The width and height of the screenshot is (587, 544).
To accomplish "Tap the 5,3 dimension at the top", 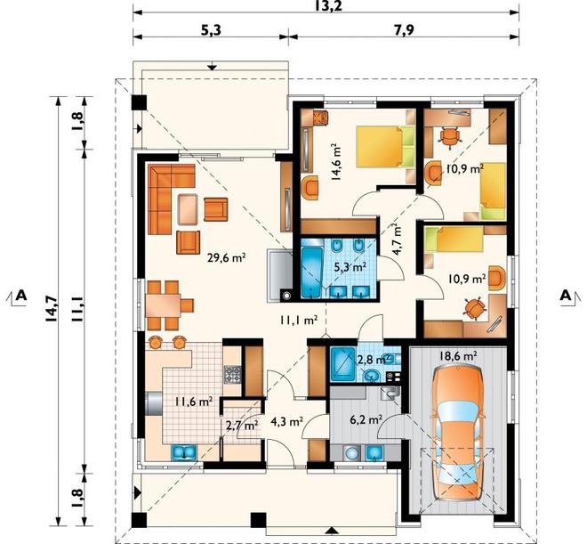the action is (x=212, y=30).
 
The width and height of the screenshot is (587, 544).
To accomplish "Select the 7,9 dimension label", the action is (x=404, y=30).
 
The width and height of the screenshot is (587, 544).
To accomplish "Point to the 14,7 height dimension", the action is (x=52, y=309).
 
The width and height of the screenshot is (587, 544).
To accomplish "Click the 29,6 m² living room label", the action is (x=227, y=258).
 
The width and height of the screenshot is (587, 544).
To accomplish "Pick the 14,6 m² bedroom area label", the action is (x=337, y=162).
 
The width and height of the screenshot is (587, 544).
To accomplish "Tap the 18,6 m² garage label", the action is (x=458, y=355).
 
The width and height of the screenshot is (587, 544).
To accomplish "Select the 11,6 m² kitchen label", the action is (x=194, y=402).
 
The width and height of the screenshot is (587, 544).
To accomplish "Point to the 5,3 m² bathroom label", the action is (x=350, y=267).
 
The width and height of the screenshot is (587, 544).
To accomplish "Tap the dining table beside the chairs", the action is (x=163, y=306).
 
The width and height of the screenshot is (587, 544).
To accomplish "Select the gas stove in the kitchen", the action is (x=232, y=375).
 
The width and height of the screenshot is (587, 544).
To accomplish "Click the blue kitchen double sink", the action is (x=184, y=452).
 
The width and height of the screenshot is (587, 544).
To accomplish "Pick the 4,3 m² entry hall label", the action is (x=286, y=422).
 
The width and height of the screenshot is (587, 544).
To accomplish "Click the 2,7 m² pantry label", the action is (x=242, y=426).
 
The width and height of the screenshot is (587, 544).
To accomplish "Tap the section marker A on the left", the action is (x=21, y=296).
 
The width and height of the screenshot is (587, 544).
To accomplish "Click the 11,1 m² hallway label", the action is (x=298, y=320).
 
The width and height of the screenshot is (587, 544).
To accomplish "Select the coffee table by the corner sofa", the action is (x=188, y=209).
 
